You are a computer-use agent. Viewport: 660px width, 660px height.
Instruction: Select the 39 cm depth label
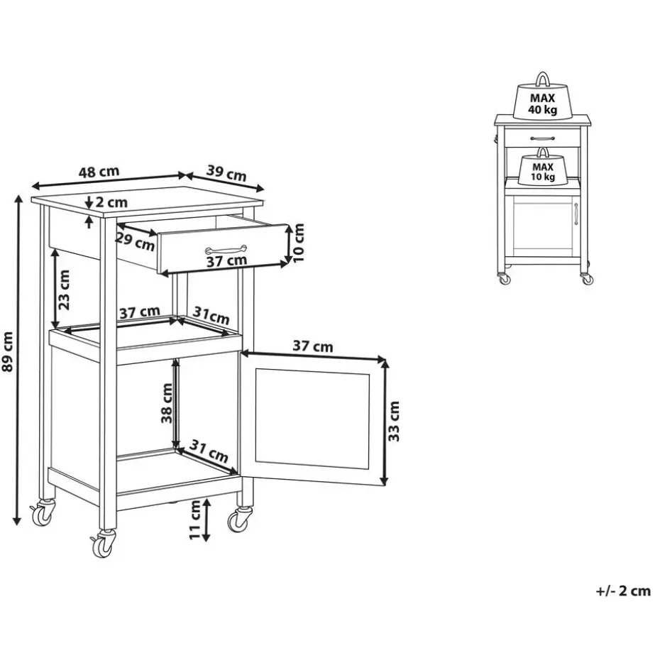click(x=226, y=172)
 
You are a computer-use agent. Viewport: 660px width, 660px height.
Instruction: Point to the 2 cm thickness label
click(x=111, y=202)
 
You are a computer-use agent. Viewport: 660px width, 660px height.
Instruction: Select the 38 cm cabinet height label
click(x=167, y=403)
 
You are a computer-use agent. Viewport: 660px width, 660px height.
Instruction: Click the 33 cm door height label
click(x=395, y=421)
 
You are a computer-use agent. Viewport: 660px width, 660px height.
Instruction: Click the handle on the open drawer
click(x=226, y=249)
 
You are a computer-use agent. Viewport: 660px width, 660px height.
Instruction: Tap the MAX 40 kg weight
click(x=542, y=101)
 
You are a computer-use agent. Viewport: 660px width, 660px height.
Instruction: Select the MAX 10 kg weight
click(x=542, y=170)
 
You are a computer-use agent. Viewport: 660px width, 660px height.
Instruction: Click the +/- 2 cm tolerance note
click(x=622, y=591)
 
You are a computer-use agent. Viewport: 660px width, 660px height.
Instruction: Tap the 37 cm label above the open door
click(x=313, y=347)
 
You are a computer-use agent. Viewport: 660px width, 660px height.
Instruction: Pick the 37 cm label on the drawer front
click(x=227, y=261)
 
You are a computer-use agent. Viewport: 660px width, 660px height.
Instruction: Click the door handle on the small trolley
click(x=576, y=215)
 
